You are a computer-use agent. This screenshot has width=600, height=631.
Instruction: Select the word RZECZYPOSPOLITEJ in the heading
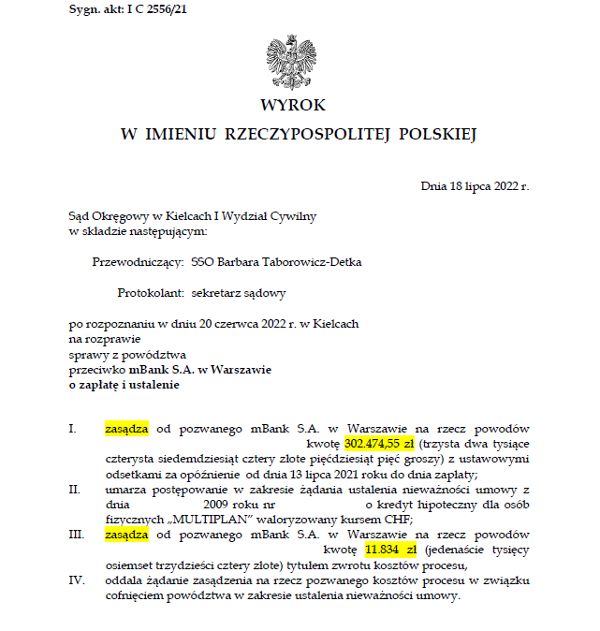[306, 135]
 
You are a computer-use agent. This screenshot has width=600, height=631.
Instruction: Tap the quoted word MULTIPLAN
[193, 520]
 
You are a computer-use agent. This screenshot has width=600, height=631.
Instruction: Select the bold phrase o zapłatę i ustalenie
[123, 384]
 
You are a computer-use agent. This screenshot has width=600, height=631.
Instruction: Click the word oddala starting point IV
[124, 580]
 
